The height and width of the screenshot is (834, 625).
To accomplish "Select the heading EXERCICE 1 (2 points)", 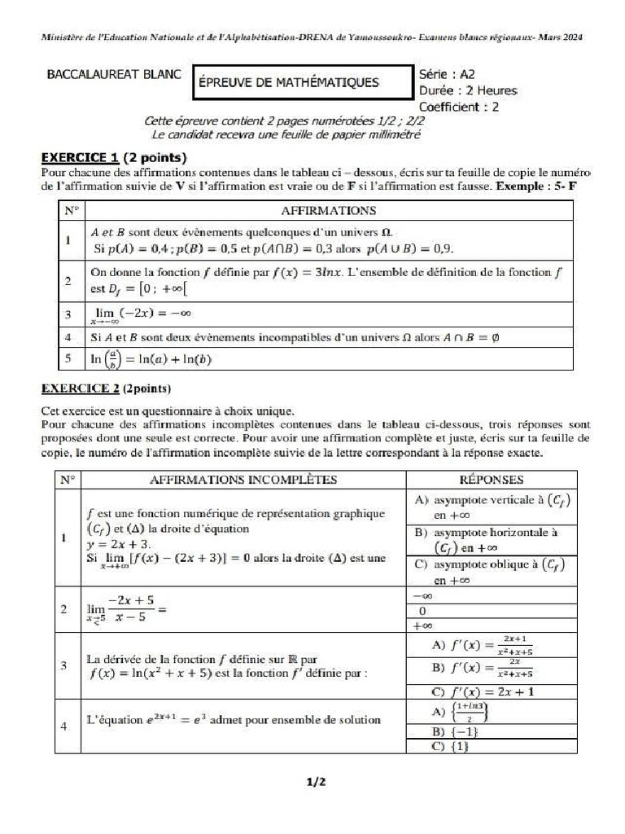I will click(114, 156).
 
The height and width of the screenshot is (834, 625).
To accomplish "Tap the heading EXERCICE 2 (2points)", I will click(106, 388).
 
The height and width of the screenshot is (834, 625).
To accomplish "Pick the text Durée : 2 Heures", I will click(467, 90).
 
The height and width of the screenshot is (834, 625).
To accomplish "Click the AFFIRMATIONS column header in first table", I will click(328, 210).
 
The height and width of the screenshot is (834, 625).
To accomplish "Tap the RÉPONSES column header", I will click(491, 480).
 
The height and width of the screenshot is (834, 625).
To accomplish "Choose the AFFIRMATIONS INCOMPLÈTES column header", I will click(243, 480).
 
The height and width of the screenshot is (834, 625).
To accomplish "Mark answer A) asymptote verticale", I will click(491, 507).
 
